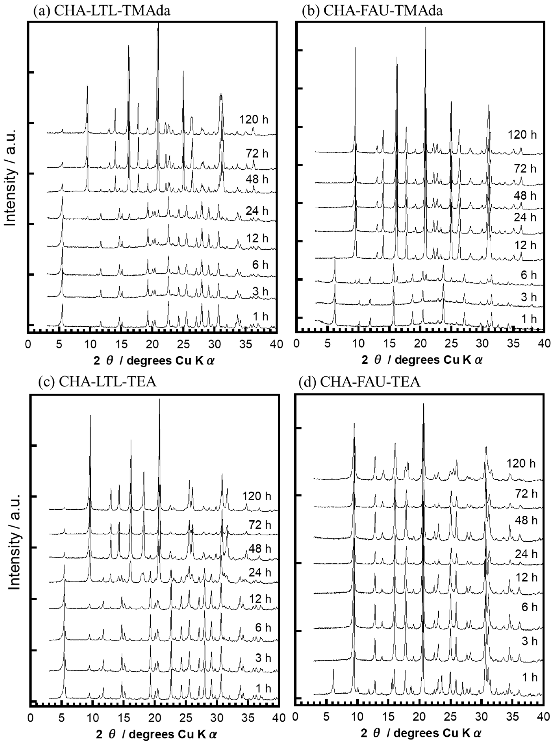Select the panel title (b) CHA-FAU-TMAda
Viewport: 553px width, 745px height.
pyautogui.click(x=372, y=11)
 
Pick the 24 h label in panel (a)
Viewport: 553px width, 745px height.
pyautogui.click(x=257, y=211)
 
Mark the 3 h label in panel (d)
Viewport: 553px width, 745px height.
pyautogui.click(x=529, y=641)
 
